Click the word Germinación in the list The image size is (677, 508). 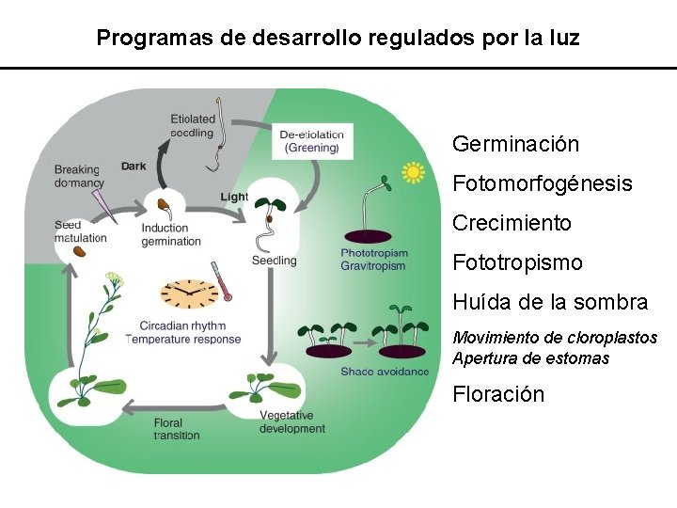[x=515, y=144]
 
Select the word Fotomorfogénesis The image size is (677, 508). [x=542, y=183]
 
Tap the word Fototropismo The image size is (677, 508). [x=517, y=262]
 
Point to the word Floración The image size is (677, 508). [x=497, y=394]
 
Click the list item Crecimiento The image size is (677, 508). [x=512, y=223]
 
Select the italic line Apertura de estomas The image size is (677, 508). [x=530, y=358]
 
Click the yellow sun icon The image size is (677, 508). [x=413, y=172]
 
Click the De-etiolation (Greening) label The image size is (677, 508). [x=311, y=141]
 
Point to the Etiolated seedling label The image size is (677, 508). [x=193, y=126]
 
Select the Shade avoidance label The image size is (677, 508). [x=385, y=372]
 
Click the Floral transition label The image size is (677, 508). [x=177, y=429]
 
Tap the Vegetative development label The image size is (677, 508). [x=291, y=422]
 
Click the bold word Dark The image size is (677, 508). [x=134, y=167]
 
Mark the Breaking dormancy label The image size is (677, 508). [x=79, y=176]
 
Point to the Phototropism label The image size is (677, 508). [x=374, y=253]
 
